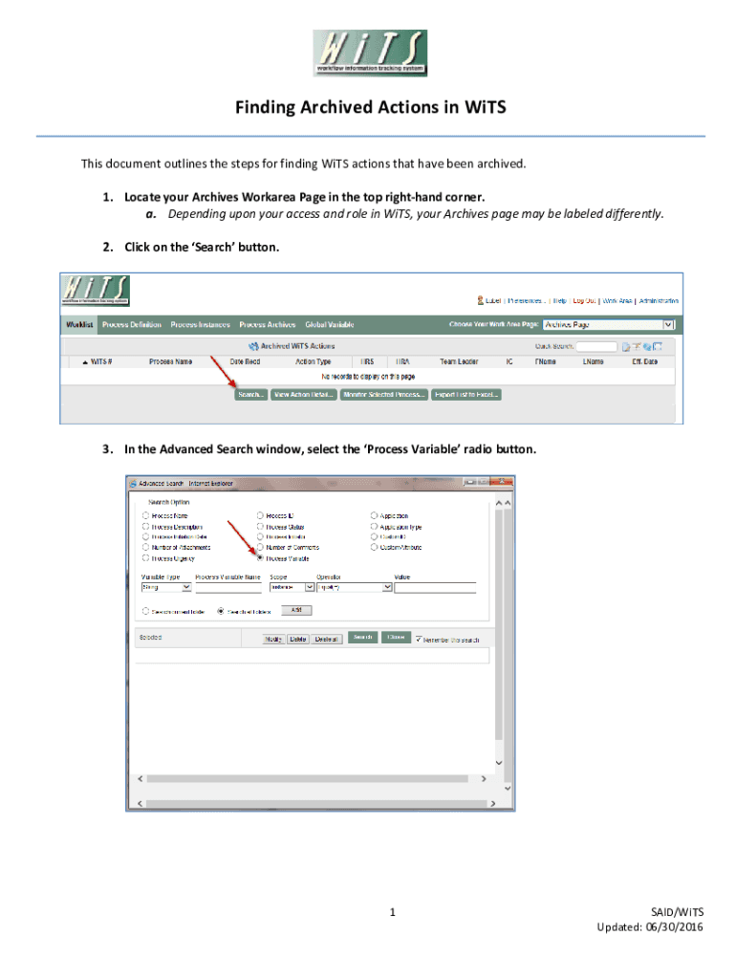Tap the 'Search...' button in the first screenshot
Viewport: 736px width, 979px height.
tap(250, 394)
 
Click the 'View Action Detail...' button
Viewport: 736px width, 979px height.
tap(303, 394)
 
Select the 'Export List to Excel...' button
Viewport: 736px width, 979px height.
tap(466, 394)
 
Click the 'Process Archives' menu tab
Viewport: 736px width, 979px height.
tap(267, 325)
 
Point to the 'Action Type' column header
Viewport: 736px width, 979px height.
tap(314, 361)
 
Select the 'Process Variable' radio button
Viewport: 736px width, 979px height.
tap(260, 558)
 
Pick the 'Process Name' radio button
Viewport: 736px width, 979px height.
tap(146, 516)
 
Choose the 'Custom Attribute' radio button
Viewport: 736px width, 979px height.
tap(375, 548)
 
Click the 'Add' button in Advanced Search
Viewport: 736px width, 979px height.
tap(296, 610)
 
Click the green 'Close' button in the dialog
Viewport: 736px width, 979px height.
tap(394, 638)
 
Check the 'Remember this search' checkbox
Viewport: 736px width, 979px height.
tap(419, 639)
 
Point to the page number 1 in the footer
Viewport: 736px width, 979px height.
tap(392, 913)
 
